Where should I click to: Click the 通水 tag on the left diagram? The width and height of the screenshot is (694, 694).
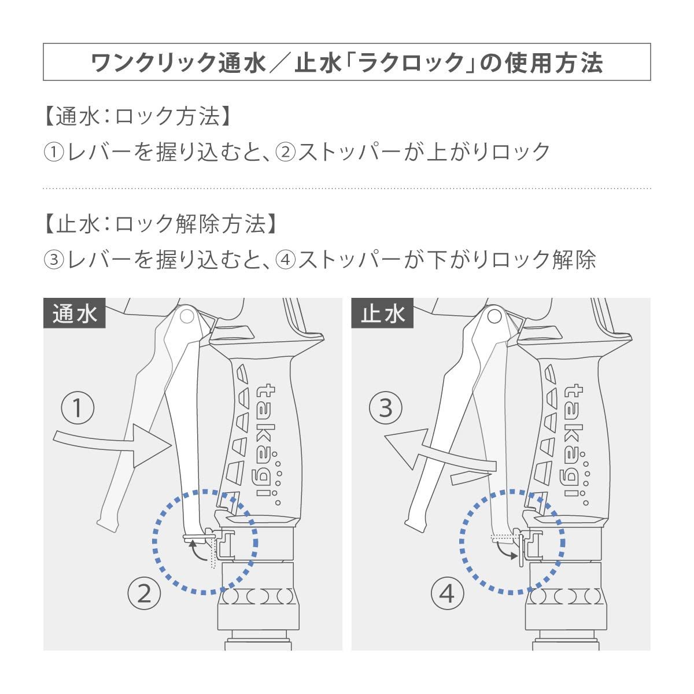pyautogui.click(x=74, y=313)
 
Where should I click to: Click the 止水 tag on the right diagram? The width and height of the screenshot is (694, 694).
pyautogui.click(x=382, y=313)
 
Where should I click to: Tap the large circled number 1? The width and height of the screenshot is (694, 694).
pyautogui.click(x=77, y=409)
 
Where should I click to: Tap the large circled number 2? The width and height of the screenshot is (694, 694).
pyautogui.click(x=144, y=593)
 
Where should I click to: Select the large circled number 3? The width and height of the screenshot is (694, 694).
pyautogui.click(x=385, y=409)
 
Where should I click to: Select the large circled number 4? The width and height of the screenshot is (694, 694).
pyautogui.click(x=448, y=593)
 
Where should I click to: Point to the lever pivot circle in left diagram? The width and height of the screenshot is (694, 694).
pyautogui.click(x=186, y=316)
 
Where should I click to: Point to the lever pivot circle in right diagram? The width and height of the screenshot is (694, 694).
pyautogui.click(x=493, y=316)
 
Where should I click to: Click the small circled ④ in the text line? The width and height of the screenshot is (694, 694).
pyautogui.click(x=286, y=260)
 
